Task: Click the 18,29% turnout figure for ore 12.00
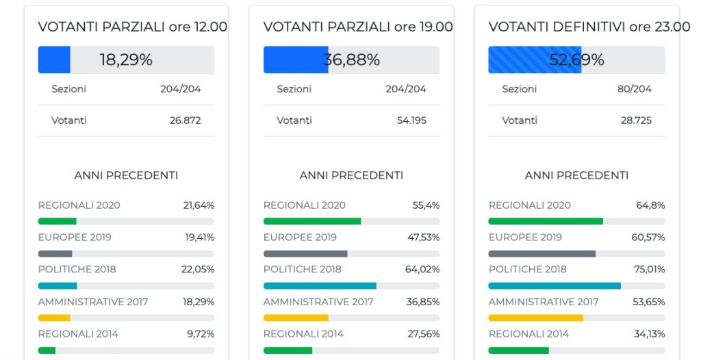click(x=126, y=60)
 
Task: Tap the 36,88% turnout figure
click(x=351, y=60)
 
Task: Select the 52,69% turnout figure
click(x=576, y=60)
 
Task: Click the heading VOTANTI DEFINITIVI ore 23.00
click(x=589, y=27)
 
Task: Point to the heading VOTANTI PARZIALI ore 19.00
click(x=358, y=27)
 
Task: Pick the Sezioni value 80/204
click(x=634, y=89)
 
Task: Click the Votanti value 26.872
click(x=185, y=120)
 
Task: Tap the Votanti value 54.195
click(x=410, y=120)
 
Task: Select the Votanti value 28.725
click(x=635, y=120)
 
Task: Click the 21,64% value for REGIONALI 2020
click(x=199, y=205)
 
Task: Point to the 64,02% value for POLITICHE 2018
click(x=422, y=269)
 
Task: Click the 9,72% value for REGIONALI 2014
click(x=201, y=334)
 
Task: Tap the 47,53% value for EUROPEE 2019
click(x=422, y=237)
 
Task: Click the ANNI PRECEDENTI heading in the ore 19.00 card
click(x=351, y=175)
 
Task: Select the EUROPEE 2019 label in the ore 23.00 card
click(x=525, y=237)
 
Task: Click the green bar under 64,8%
click(x=546, y=221)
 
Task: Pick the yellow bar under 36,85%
click(x=296, y=318)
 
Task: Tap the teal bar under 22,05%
click(x=58, y=285)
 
